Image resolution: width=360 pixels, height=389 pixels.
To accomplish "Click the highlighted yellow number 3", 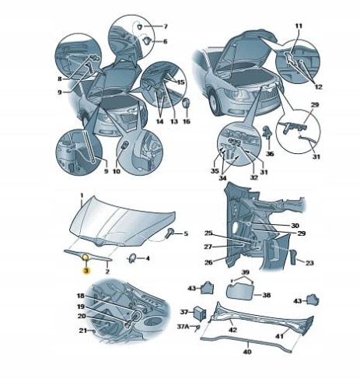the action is tap(86, 271).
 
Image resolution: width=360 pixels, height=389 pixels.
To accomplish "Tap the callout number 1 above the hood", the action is tap(81, 195).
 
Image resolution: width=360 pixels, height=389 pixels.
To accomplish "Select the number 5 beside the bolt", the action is tap(186, 233).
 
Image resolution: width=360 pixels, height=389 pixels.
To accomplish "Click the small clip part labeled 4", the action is tap(132, 258).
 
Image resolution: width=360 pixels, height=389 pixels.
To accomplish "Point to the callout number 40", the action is tap(247, 352).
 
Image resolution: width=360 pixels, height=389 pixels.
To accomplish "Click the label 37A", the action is tap(183, 327).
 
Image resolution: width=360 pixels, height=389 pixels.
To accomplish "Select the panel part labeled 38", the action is tap(239, 292).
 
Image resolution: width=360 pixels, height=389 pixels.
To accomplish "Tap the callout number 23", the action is tap(309, 263).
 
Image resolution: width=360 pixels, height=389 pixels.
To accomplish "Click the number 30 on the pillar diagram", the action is tap(295, 226).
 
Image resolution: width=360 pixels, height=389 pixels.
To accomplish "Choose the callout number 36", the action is tap(270, 154).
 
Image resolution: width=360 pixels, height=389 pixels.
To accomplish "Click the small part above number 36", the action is tap(267, 131).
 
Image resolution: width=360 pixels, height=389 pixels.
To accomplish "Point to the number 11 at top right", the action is tap(299, 26).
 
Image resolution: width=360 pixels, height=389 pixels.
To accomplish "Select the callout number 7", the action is tap(166, 26).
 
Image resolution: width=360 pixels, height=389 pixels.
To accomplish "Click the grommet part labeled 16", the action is tap(186, 103).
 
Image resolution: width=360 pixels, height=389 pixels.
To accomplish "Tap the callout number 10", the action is tap(117, 171).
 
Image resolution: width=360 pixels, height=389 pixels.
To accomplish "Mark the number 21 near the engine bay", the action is tap(83, 331).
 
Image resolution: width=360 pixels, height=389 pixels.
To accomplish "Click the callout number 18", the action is tap(81, 296).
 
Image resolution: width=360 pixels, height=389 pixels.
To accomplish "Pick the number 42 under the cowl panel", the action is tap(232, 330).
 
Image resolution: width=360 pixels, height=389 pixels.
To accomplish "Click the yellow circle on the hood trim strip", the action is tap(86, 258).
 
